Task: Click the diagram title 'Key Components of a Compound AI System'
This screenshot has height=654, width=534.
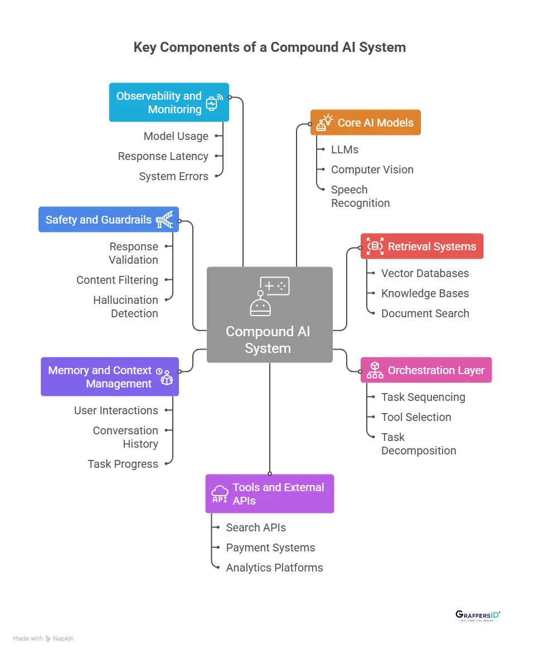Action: tap(269, 47)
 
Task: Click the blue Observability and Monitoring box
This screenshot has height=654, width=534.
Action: tap(169, 103)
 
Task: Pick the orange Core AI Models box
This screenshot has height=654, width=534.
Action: tap(365, 123)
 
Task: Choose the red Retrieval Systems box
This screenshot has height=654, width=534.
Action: tap(421, 246)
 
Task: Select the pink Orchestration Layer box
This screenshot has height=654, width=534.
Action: tap(426, 370)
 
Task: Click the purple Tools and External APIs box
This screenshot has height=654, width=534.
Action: tap(269, 493)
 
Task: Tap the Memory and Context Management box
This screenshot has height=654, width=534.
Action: tap(110, 377)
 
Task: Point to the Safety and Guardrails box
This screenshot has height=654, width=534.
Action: tap(109, 220)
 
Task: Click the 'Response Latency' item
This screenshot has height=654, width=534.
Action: tap(163, 156)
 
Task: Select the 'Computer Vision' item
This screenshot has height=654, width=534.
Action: tap(372, 169)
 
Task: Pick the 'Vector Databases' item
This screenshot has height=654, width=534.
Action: tap(425, 273)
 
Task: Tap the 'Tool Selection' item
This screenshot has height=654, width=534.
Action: tap(416, 417)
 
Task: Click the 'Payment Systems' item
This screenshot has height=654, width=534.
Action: tap(270, 548)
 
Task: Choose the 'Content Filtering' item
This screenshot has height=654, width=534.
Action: tap(117, 280)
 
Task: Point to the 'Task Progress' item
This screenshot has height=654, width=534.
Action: tap(123, 464)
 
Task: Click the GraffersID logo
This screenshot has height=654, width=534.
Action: tap(478, 616)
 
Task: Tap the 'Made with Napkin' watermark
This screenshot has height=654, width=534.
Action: tap(43, 638)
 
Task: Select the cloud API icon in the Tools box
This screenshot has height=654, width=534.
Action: tap(220, 493)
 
